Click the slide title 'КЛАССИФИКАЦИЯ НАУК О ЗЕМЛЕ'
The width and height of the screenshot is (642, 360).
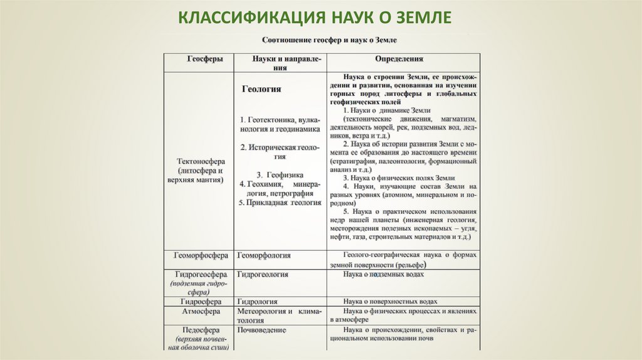315,17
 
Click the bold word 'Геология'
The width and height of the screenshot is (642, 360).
261,89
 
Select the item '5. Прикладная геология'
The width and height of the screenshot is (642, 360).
280,203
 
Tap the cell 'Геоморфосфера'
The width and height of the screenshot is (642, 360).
199,256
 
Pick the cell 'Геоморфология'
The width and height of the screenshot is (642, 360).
263,256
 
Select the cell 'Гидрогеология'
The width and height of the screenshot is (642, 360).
263,275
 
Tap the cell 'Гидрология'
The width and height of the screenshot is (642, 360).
257,302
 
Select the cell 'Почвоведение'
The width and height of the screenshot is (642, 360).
262,329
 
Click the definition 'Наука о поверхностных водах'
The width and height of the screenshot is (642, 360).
390,302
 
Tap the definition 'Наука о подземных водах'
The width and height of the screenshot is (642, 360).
384,275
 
